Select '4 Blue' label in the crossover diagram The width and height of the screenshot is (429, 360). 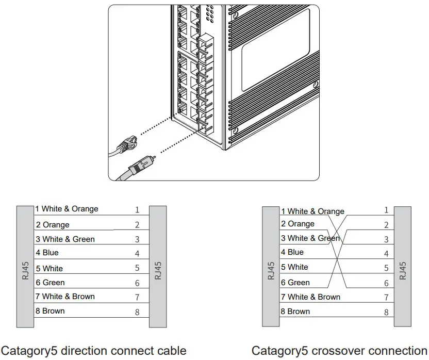292,252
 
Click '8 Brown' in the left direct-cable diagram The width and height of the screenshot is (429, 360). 50,311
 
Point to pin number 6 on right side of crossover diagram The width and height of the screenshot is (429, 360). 386,283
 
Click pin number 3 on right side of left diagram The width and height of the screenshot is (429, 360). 137,239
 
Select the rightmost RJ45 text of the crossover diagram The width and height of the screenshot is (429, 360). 403,270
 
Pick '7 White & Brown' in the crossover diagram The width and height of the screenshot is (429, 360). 310,297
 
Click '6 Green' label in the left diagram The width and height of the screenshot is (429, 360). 50,283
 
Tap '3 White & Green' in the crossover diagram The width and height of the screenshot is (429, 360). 310,238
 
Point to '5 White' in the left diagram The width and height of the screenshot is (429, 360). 49,268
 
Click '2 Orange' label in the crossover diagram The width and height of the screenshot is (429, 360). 298,224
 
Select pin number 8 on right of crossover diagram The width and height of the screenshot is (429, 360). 386,312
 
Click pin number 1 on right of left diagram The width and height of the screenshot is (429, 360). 137,210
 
